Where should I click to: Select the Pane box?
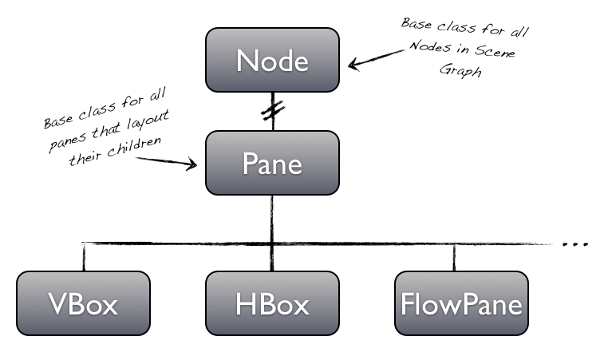click(x=272, y=163)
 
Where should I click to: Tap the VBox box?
click(x=83, y=303)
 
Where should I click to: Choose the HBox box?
click(x=272, y=303)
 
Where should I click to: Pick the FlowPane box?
click(x=461, y=303)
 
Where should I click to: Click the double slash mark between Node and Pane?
click(x=272, y=111)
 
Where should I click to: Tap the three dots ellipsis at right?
click(x=575, y=243)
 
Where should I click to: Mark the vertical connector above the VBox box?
click(x=83, y=257)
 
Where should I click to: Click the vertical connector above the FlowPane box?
click(x=455, y=257)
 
